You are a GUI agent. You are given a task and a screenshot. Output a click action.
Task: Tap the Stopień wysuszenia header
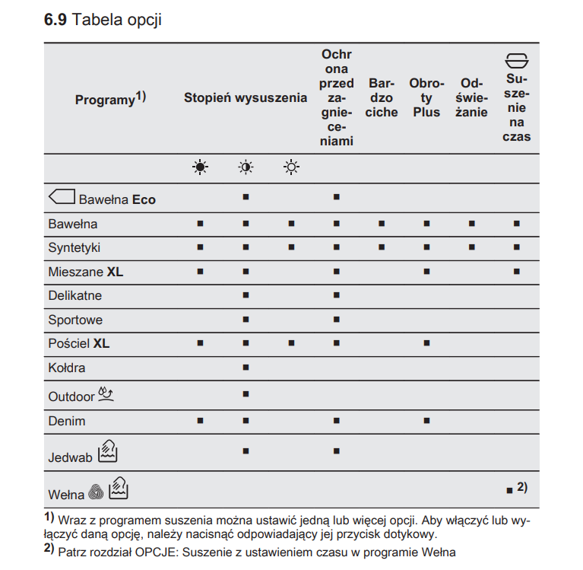pyautogui.click(x=246, y=98)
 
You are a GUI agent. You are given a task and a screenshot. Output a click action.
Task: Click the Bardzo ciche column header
pyautogui.click(x=381, y=98)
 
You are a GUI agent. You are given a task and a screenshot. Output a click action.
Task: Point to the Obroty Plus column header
pyautogui.click(x=426, y=98)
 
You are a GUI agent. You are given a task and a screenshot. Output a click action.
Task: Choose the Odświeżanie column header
pyautogui.click(x=471, y=98)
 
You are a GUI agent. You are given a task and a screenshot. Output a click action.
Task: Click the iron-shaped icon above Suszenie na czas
pyautogui.click(x=517, y=61)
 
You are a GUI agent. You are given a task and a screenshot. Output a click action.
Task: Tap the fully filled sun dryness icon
pyautogui.click(x=200, y=168)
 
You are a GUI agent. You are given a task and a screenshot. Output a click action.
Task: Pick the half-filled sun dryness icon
pyautogui.click(x=246, y=168)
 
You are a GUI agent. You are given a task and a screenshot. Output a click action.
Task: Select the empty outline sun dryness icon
pyautogui.click(x=291, y=168)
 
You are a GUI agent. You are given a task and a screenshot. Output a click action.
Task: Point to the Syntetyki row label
pyautogui.click(x=74, y=248)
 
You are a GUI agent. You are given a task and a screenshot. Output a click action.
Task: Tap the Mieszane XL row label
pyautogui.click(x=85, y=272)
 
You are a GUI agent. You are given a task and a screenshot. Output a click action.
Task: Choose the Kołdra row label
pyautogui.click(x=67, y=368)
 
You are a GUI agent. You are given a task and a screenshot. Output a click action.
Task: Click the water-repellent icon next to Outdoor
pyautogui.click(x=107, y=394)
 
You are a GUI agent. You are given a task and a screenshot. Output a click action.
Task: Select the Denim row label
pyautogui.click(x=67, y=421)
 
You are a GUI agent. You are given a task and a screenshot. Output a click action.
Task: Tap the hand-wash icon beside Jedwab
pyautogui.click(x=107, y=453)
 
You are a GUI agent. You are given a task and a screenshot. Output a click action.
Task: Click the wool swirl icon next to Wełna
pyautogui.click(x=96, y=493)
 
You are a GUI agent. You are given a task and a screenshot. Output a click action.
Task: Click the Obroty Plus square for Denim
pyautogui.click(x=426, y=420)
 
